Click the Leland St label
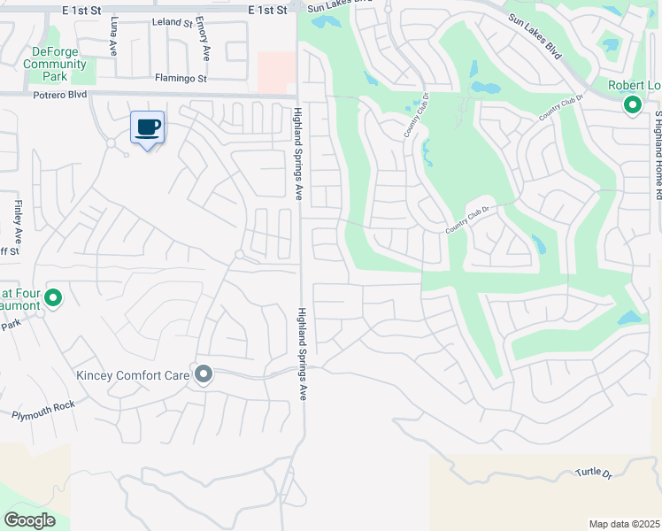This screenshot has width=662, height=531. pyautogui.click(x=172, y=21)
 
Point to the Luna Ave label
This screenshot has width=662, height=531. pyautogui.click(x=113, y=41)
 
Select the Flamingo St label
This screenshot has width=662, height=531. pyautogui.click(x=180, y=78)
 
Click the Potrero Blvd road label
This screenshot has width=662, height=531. pyautogui.click(x=62, y=95)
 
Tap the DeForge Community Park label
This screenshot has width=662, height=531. pyautogui.click(x=55, y=64)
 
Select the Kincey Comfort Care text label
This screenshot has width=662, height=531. pyautogui.click(x=132, y=375)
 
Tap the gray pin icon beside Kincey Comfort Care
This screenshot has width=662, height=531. pyautogui.click(x=204, y=375)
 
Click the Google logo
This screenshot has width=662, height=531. pyautogui.click(x=29, y=519)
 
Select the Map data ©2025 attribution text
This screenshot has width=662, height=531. pyautogui.click(x=624, y=524)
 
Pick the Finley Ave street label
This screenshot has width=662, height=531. pyautogui.click(x=17, y=222)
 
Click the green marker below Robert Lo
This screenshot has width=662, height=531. pyautogui.click(x=633, y=105)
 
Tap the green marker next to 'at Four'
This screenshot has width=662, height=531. pyautogui.click(x=53, y=298)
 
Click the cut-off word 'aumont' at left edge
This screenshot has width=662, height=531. pyautogui.click(x=20, y=305)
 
